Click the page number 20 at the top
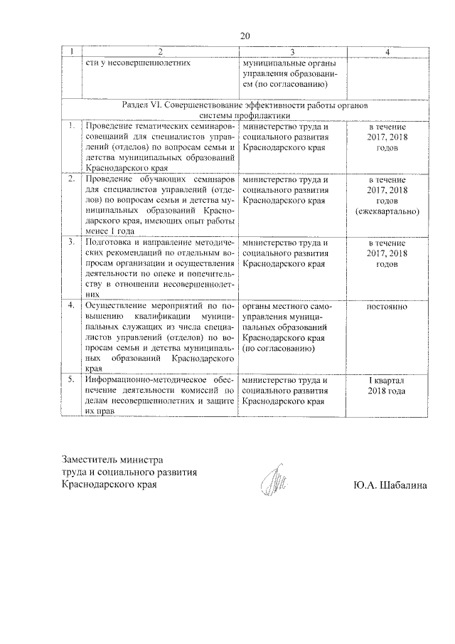coord(246,36)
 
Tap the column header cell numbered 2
coord(161,52)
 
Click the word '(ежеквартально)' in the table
coord(387,212)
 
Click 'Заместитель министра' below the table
coord(113,460)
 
